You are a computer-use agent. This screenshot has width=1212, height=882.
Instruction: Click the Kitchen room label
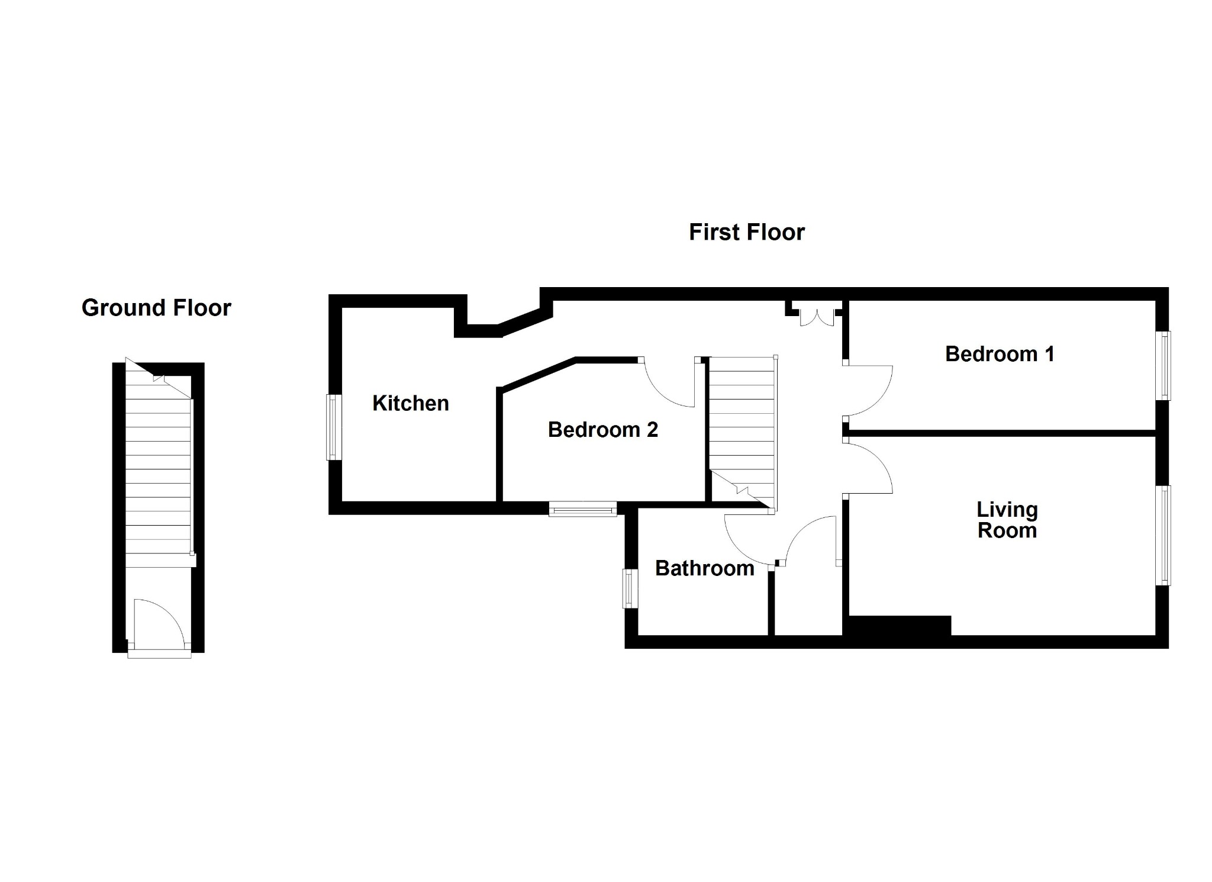pos(410,403)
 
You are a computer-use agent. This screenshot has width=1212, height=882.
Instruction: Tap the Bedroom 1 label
pos(1000,354)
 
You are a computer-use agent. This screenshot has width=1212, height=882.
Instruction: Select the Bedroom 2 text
pos(603,430)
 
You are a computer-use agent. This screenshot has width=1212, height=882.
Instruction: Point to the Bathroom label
pos(704,568)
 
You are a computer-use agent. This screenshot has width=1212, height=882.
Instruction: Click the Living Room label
pos(1007,520)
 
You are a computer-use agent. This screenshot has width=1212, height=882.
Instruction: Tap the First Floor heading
pos(747,232)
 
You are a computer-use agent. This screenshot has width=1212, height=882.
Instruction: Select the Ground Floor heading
pos(156,308)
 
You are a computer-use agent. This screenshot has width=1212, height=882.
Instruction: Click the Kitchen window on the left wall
pos(334,427)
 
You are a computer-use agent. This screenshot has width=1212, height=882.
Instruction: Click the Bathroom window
pos(630,588)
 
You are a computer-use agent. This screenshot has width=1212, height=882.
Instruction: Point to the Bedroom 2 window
pos(583,509)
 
